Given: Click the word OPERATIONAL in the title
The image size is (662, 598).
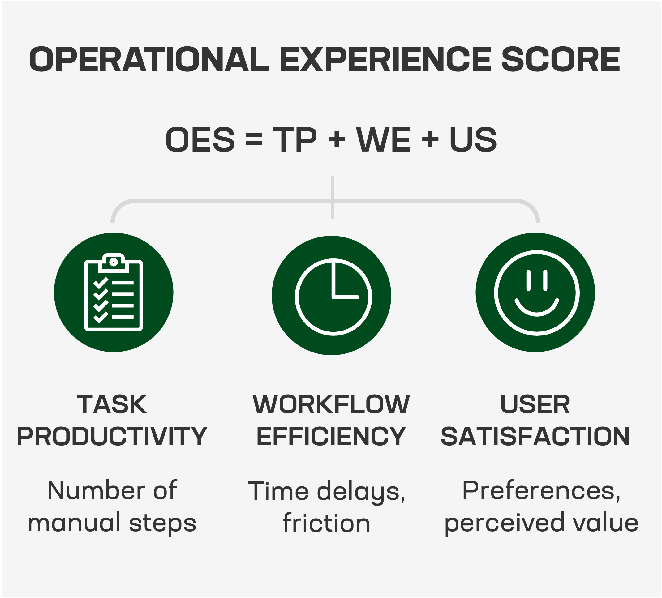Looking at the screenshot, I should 149,59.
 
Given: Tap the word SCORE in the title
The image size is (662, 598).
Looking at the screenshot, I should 561,59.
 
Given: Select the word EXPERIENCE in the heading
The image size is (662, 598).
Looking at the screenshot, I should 385,59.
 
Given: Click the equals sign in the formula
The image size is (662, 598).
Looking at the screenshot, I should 254,140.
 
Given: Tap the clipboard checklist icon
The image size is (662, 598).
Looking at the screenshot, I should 113,293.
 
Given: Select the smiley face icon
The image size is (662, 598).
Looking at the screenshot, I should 537,293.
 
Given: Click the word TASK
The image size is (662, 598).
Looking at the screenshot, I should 112,404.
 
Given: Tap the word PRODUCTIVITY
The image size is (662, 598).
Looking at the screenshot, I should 112,437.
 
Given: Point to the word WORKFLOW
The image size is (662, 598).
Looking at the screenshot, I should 331,404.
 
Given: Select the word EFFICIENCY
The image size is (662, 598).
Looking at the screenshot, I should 331,437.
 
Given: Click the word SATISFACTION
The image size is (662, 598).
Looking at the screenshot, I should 535,437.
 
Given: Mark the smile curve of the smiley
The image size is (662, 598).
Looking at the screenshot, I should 537,311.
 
